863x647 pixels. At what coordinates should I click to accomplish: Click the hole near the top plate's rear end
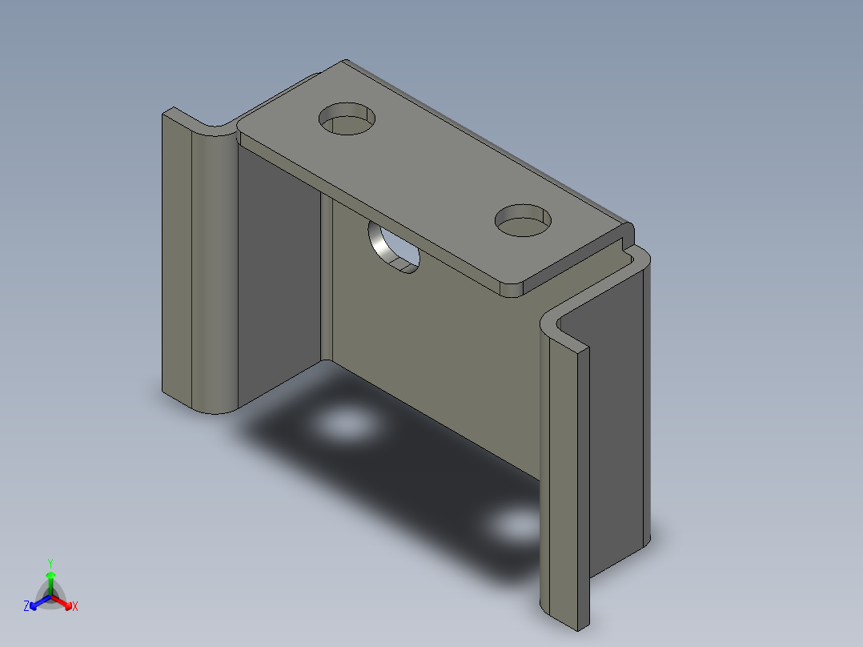coord(347,119)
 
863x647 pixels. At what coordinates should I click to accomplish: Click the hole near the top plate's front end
coord(524,220)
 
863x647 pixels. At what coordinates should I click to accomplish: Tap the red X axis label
coord(75,606)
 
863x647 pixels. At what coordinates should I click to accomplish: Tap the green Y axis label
coord(50,563)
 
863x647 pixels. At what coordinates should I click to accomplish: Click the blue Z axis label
coord(26,606)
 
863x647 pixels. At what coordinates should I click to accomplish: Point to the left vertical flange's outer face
coord(177,256)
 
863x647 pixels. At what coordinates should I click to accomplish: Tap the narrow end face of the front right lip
coord(581,480)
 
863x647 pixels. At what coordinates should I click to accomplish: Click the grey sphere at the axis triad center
coord(50,597)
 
